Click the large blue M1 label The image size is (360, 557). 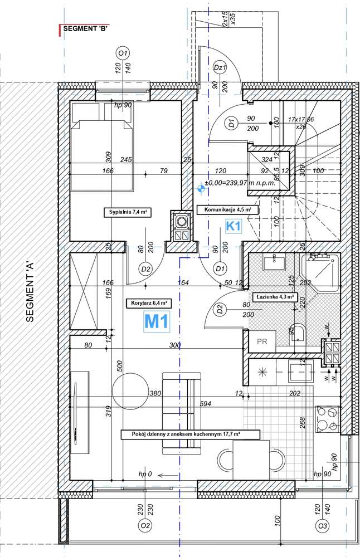(x=157, y=321)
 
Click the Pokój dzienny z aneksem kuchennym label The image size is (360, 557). (x=183, y=433)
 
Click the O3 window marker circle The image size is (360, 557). (x=322, y=525)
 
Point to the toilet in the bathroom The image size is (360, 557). (x=299, y=334)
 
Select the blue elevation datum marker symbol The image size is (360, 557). (x=200, y=188)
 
